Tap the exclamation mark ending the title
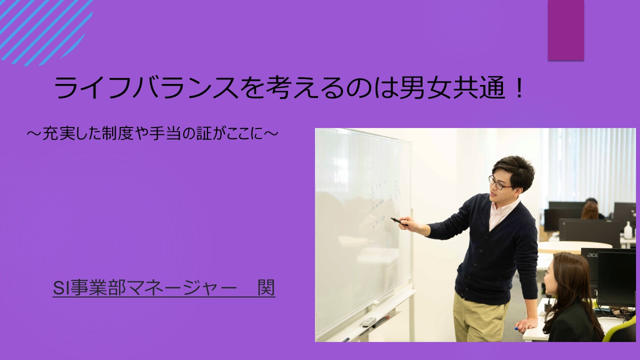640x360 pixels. coord(518,89)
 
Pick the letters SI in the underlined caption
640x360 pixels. coord(59,288)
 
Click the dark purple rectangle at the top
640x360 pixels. coord(565,30)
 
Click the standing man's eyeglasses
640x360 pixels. coord(498,183)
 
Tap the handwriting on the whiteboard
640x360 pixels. coord(382,200)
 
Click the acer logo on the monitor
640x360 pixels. coord(592,255)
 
